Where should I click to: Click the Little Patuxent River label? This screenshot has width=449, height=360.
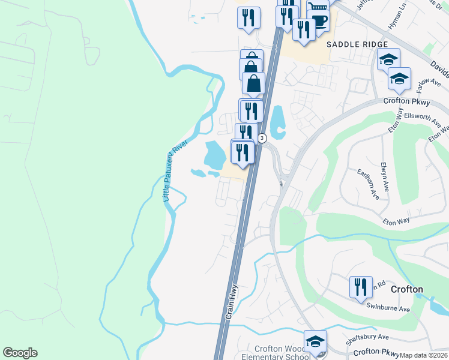[176, 171]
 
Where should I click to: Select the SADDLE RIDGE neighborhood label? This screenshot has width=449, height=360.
[354, 44]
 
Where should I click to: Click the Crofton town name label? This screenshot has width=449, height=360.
[406, 289]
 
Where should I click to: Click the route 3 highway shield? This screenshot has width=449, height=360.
[262, 139]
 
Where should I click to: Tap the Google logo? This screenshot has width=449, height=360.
[20, 353]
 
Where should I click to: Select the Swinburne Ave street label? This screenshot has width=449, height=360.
[388, 308]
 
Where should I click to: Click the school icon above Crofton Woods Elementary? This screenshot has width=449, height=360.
[315, 341]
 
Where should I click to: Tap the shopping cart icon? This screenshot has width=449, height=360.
[318, 6]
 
